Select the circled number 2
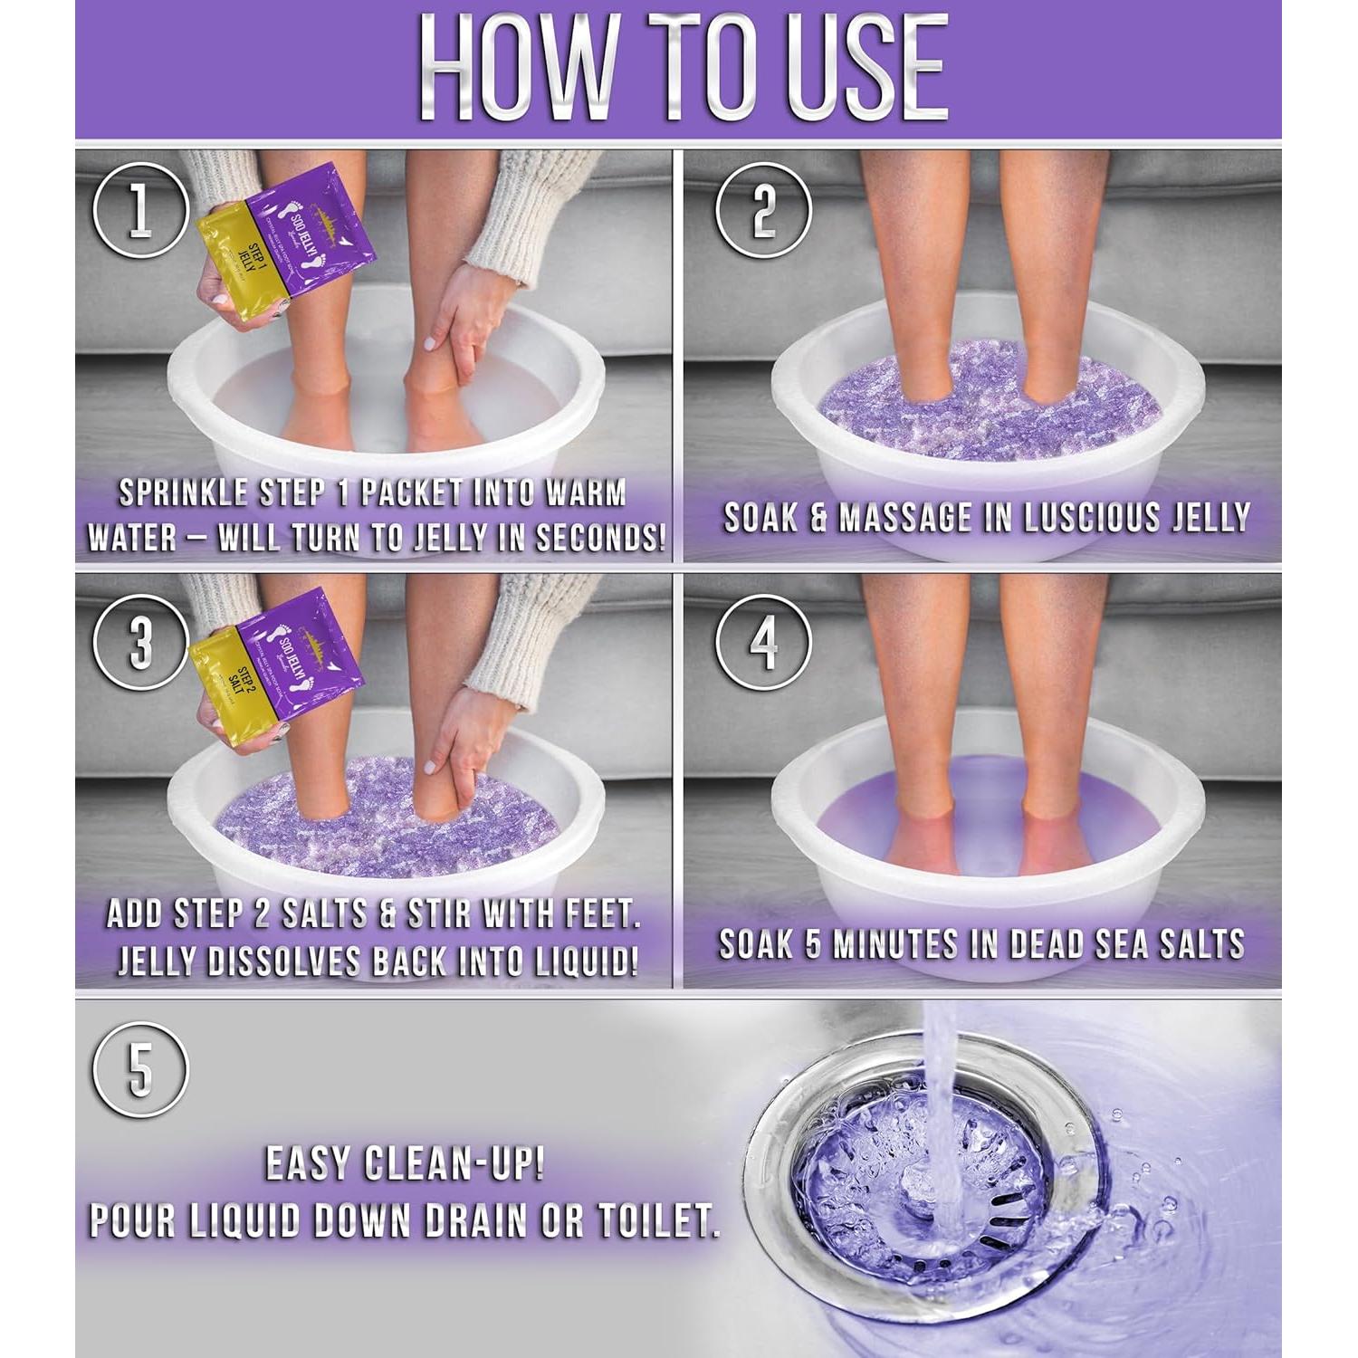point(762,210)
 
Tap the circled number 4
point(762,642)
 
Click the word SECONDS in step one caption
point(598,539)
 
